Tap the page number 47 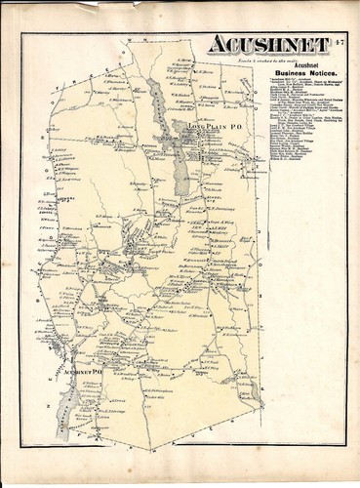pos(338,41)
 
